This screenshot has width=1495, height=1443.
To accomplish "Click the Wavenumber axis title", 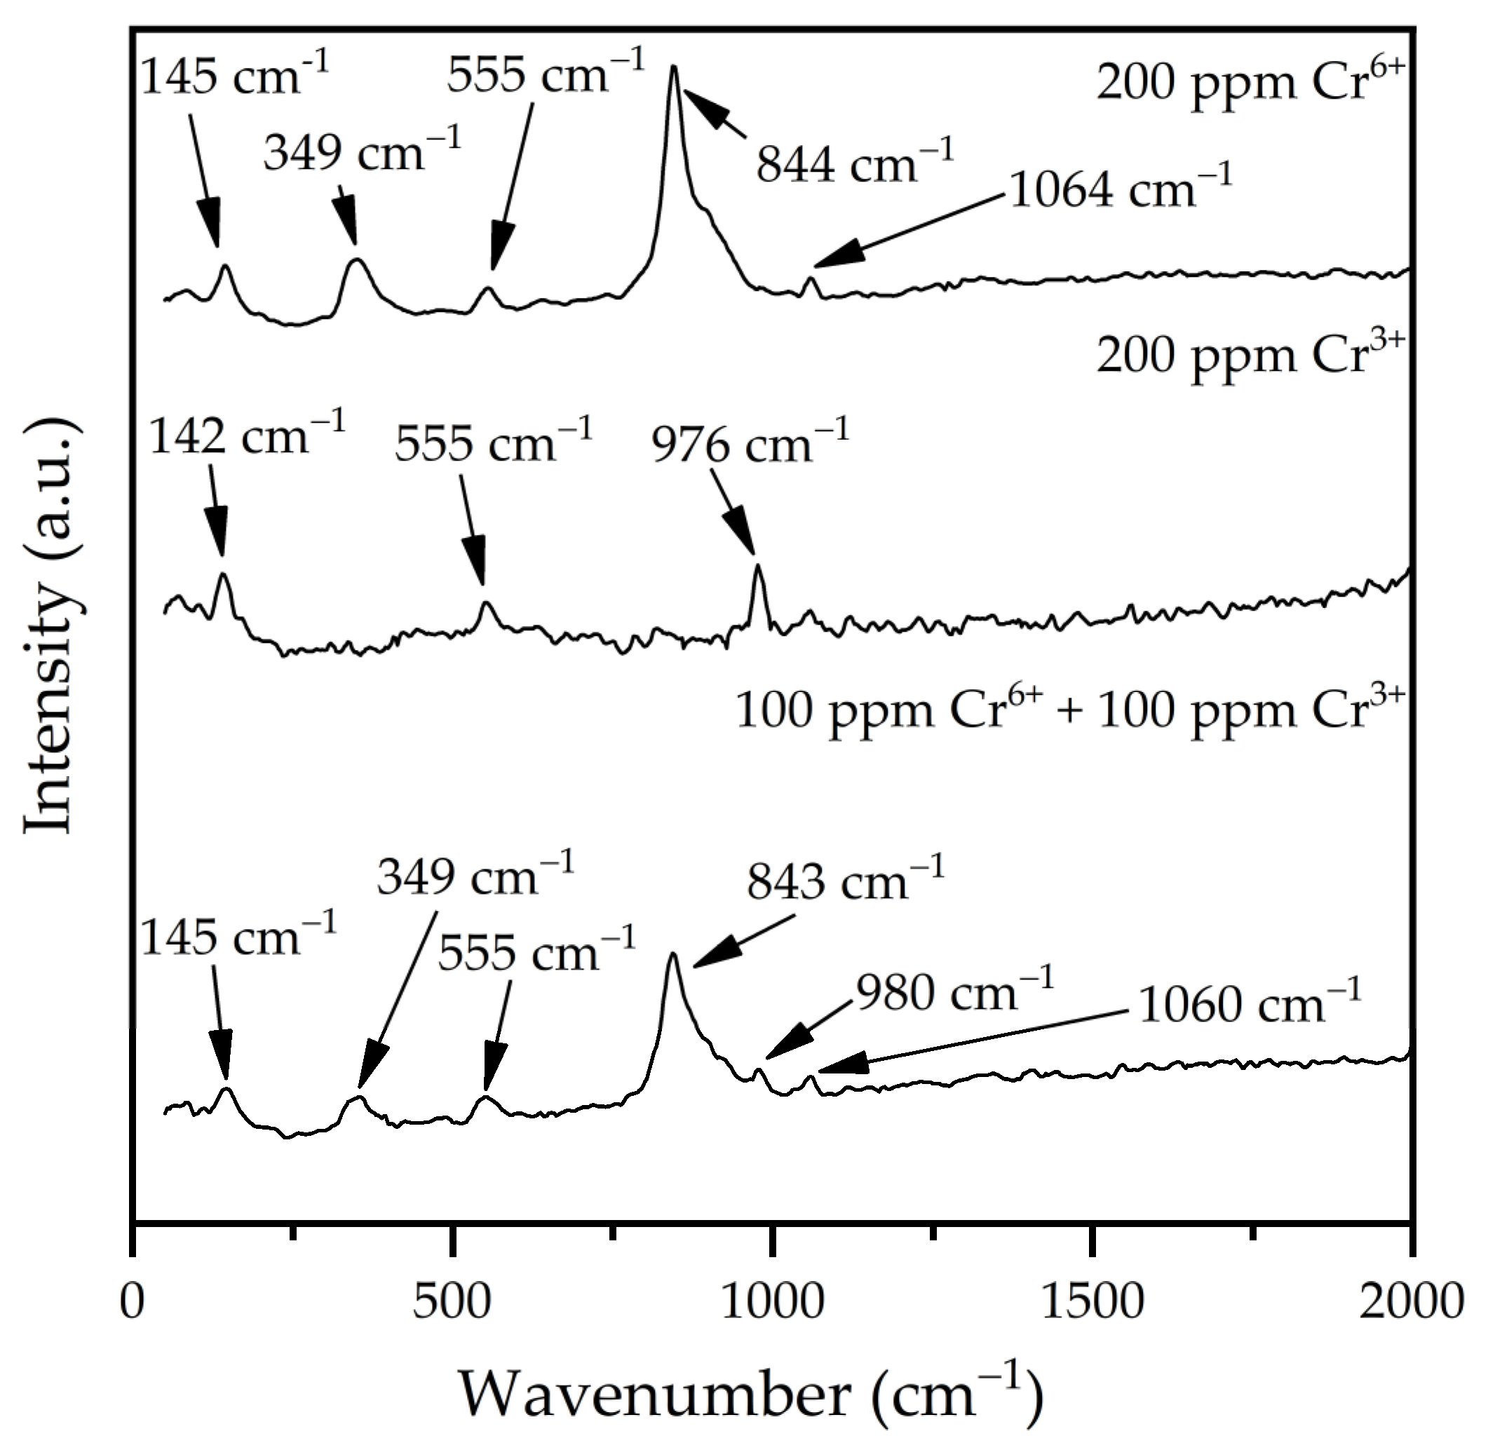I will click(x=750, y=1393).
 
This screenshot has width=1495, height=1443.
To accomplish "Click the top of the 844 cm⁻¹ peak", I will click(x=673, y=67).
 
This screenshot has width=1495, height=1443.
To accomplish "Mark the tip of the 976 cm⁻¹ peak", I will click(x=757, y=565).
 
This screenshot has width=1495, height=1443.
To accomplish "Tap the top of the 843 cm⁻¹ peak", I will click(x=672, y=954).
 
